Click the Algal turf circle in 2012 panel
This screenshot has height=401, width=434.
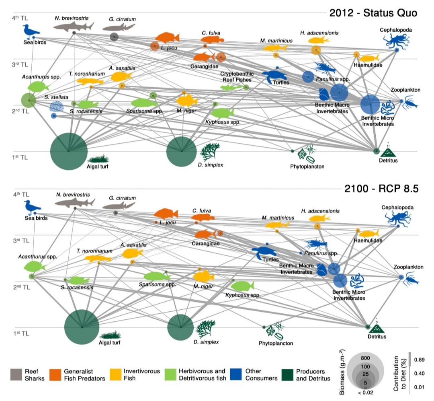(x=69, y=151)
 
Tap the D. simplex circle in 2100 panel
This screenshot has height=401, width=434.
(x=181, y=327)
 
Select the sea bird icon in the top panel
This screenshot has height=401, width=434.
(x=31, y=31)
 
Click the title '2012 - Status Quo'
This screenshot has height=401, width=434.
(x=373, y=13)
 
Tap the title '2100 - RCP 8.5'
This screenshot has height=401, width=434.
(x=379, y=188)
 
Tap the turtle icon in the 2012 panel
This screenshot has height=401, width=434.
(x=276, y=76)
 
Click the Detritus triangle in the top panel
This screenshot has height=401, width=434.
(x=388, y=152)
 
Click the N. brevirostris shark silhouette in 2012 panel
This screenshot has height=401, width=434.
(x=74, y=26)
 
